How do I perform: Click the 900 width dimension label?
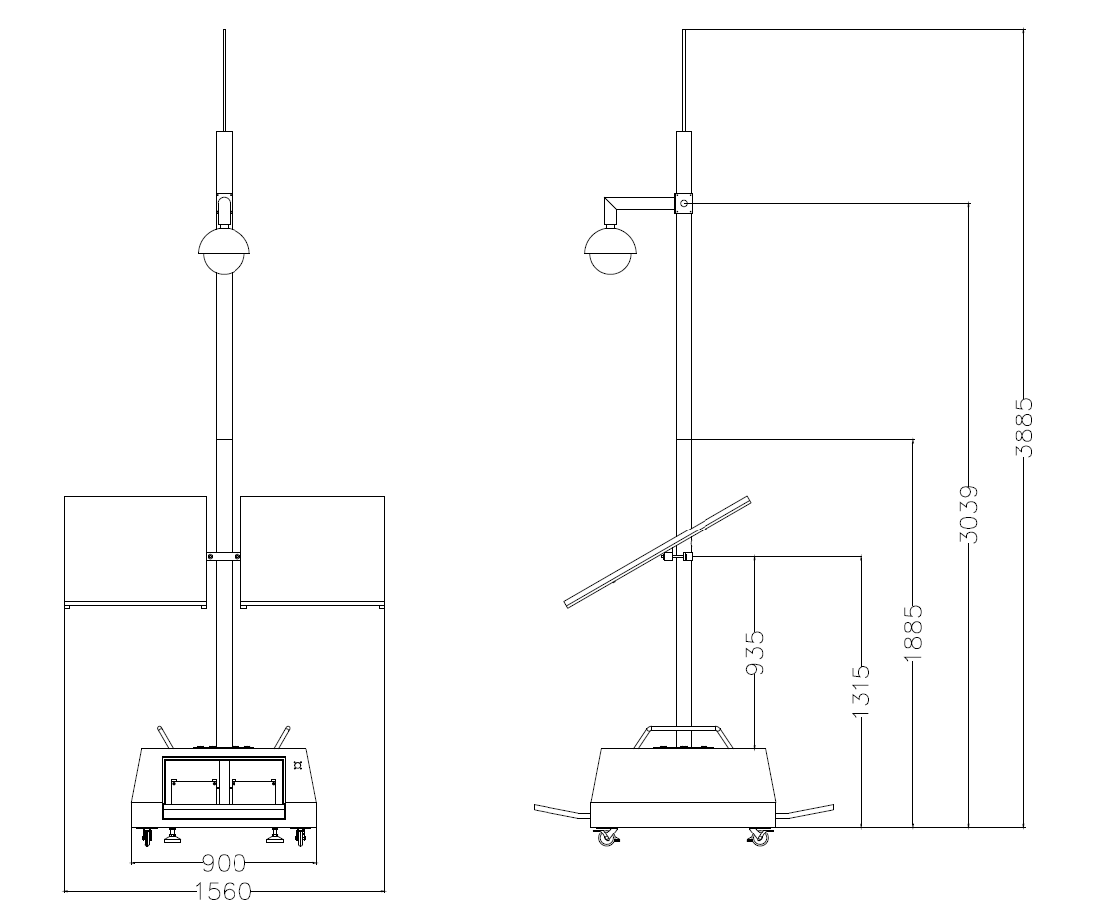pos(225,863)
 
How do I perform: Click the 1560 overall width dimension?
pos(224,891)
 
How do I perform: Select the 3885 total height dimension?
pos(1023,426)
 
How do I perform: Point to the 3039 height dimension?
pos(968,515)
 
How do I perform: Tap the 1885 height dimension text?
pos(914,633)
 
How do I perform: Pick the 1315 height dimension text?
pos(861,690)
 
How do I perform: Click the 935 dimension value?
pos(755,653)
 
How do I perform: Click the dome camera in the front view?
pos(224,250)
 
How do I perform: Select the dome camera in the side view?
pos(611,250)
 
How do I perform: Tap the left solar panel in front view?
pos(135,551)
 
